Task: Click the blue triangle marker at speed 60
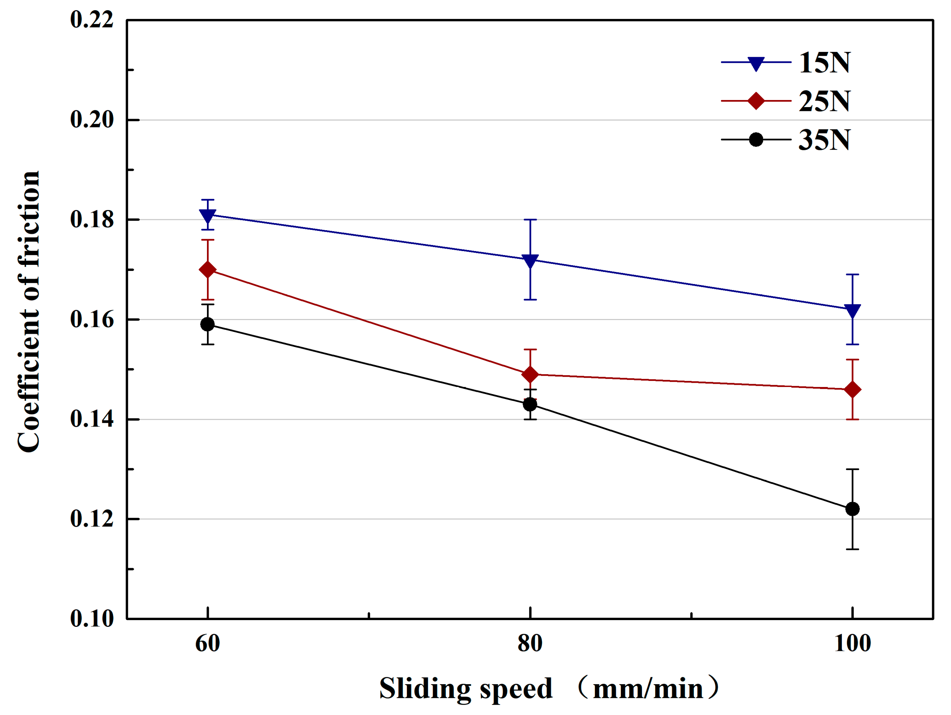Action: (208, 215)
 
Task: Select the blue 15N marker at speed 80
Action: (530, 260)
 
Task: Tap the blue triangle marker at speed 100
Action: (852, 310)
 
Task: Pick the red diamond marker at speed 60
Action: (208, 270)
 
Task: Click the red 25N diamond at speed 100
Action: (852, 390)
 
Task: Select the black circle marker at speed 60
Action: (208, 324)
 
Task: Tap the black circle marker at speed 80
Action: (530, 404)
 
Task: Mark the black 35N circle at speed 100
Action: (852, 509)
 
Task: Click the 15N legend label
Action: (824, 63)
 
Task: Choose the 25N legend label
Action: (824, 101)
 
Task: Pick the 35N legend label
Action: (824, 140)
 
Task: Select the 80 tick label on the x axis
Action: (530, 643)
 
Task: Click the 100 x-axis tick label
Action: (852, 643)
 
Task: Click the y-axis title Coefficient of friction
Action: (28, 312)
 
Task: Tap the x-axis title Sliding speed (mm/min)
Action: (549, 688)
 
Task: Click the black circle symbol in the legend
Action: (756, 140)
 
